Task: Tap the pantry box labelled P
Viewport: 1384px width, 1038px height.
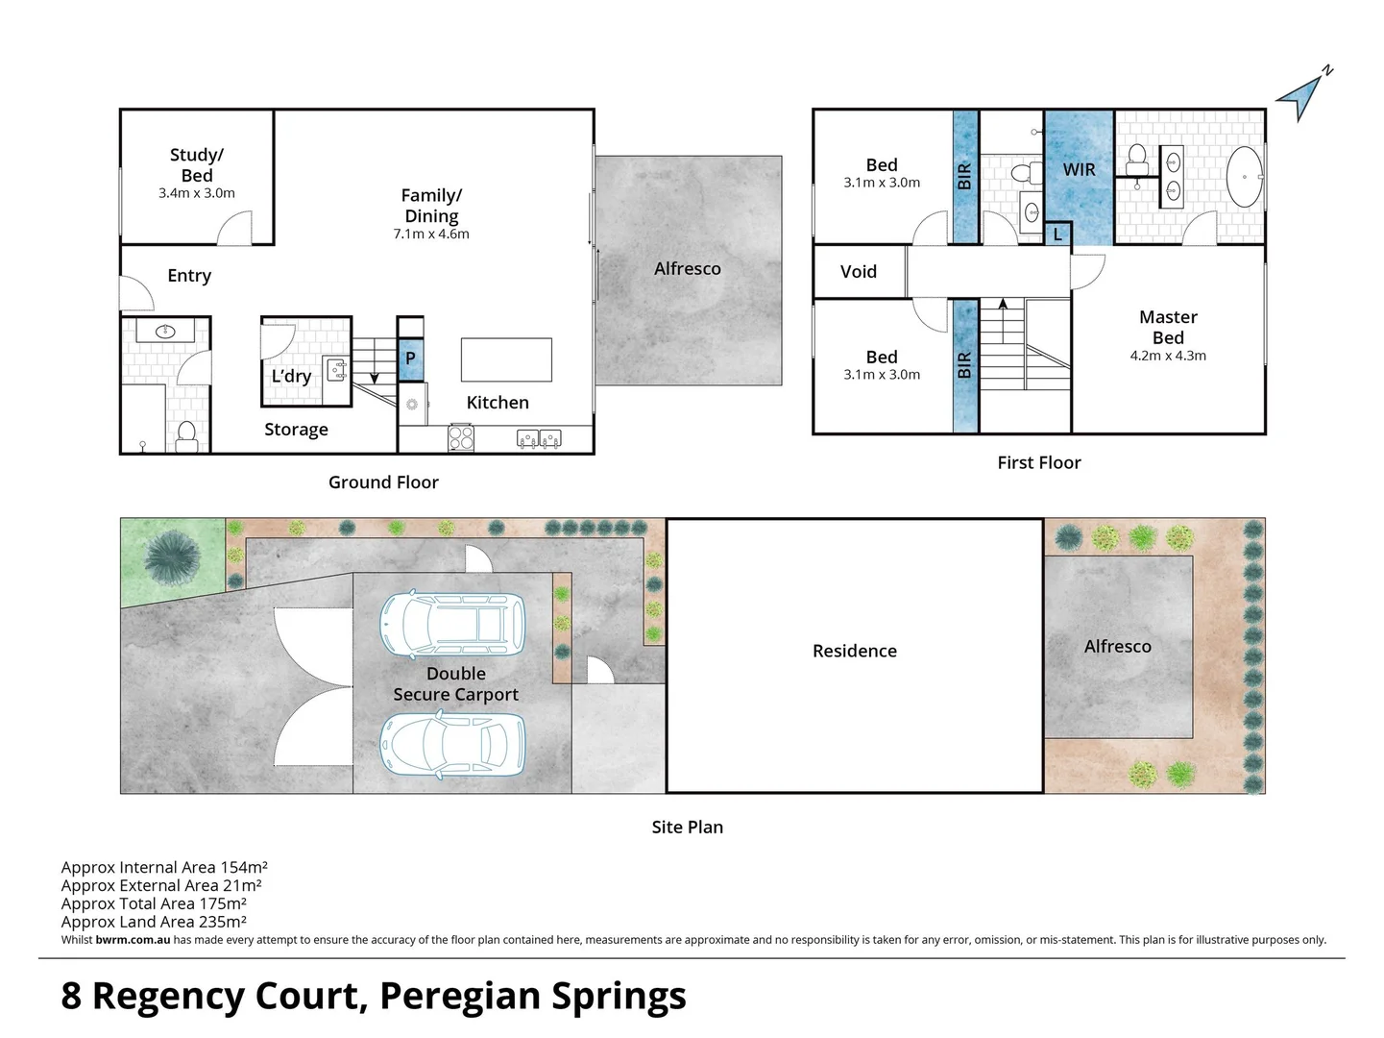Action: [410, 358]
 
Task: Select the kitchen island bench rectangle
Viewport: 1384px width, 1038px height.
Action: [506, 360]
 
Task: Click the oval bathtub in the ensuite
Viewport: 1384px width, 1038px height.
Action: [1246, 177]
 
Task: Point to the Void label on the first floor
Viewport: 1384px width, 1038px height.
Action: [858, 272]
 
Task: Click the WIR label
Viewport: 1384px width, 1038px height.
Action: [1079, 170]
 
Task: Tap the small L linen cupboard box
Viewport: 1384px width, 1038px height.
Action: [1057, 234]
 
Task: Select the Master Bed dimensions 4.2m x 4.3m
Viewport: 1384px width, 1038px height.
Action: [1168, 356]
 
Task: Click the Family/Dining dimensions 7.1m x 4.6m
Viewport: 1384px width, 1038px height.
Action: [431, 235]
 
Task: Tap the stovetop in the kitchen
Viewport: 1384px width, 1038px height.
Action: [461, 438]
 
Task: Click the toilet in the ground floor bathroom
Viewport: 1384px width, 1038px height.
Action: [187, 436]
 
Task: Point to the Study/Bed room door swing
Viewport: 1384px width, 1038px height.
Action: [236, 228]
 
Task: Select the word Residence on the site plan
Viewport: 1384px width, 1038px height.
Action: [854, 651]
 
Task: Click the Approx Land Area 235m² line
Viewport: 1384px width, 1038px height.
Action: [154, 922]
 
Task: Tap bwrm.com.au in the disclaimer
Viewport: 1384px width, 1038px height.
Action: [133, 940]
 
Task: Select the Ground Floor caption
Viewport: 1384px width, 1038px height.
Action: [383, 482]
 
